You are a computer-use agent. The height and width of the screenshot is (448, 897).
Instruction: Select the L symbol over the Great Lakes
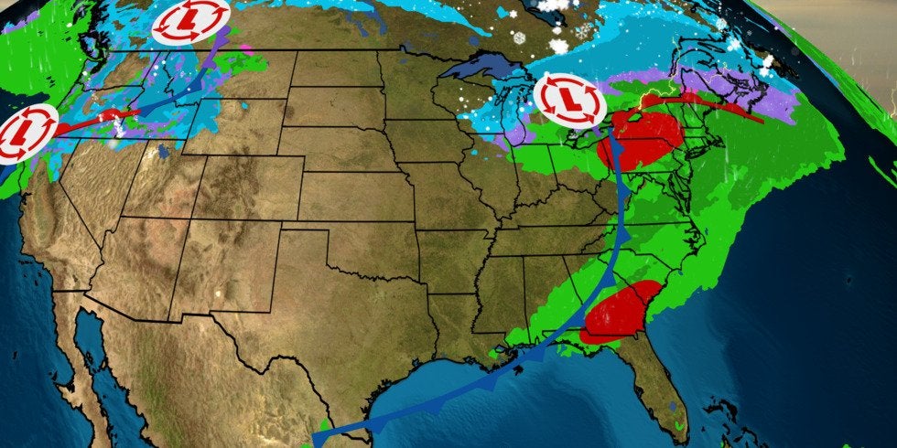point(568,100)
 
